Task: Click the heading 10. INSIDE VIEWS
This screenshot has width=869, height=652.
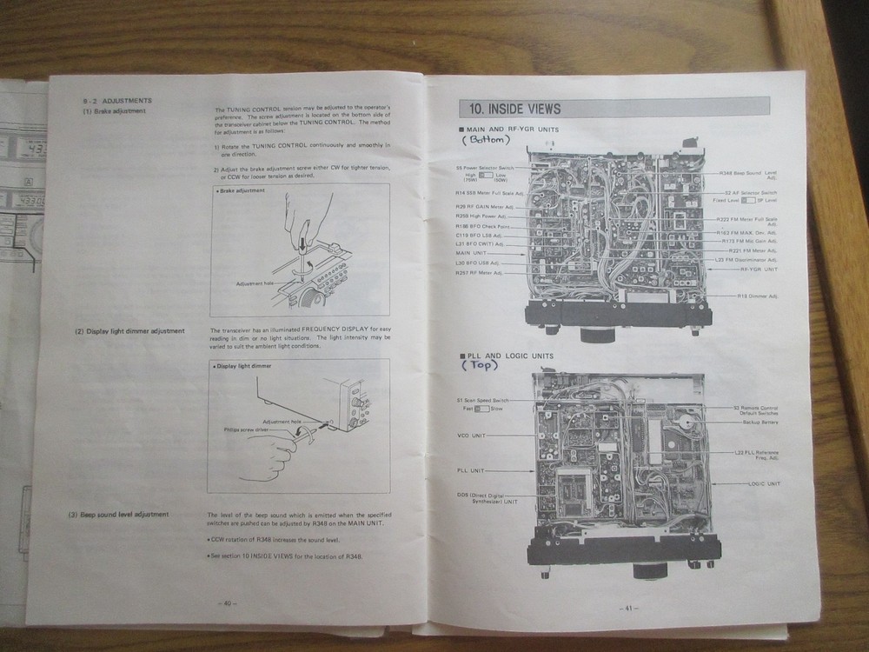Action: pyautogui.click(x=514, y=109)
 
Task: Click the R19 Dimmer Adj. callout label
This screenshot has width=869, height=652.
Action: pyautogui.click(x=758, y=296)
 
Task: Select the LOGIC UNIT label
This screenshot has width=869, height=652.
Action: pyautogui.click(x=763, y=482)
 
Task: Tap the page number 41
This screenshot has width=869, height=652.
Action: pyautogui.click(x=625, y=608)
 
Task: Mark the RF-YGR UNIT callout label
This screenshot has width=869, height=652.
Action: pyautogui.click(x=758, y=269)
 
